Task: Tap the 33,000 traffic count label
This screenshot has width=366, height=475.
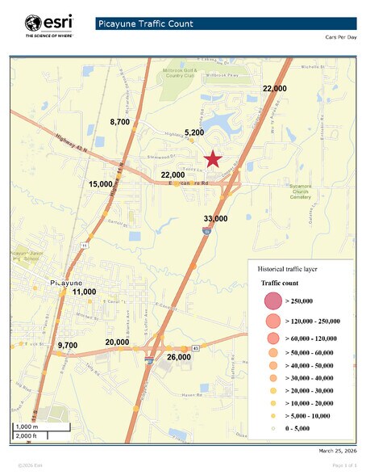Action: (215, 219)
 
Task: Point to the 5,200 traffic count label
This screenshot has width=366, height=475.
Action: (194, 132)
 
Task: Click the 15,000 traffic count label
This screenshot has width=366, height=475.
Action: (101, 184)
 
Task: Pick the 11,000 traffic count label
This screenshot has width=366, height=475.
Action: (84, 292)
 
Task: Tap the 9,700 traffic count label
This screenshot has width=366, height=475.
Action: (68, 345)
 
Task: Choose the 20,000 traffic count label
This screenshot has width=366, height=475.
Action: (117, 342)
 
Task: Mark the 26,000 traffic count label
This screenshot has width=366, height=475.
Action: (178, 356)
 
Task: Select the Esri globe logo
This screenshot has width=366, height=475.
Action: (34, 23)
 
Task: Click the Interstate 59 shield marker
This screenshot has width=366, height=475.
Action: (207, 232)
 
